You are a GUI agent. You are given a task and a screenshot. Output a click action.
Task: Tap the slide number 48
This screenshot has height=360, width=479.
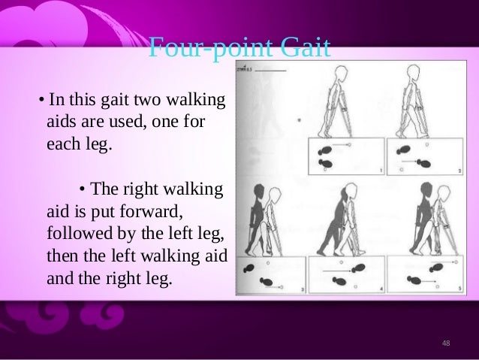[x=446, y=343]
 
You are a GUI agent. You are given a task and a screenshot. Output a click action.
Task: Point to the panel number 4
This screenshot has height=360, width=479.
[x=381, y=289]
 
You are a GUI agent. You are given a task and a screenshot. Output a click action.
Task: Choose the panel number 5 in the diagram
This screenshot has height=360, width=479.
[x=459, y=289]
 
